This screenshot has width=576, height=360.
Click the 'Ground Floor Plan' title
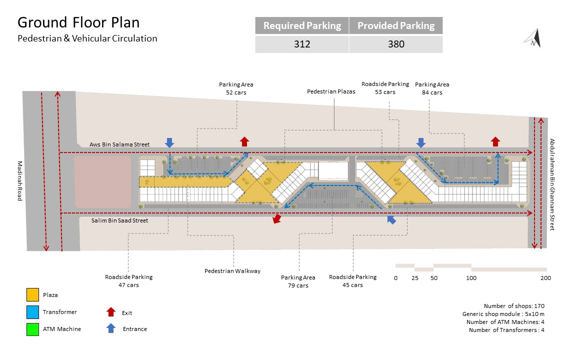click(x=78, y=22)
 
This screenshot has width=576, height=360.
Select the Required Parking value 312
click(x=302, y=44)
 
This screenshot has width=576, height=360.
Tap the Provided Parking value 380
click(x=396, y=44)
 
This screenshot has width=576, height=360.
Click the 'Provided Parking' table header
click(x=396, y=26)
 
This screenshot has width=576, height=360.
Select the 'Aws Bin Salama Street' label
click(x=119, y=144)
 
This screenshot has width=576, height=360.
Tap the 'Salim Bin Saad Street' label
click(x=119, y=220)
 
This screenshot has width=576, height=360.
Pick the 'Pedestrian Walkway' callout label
click(x=232, y=271)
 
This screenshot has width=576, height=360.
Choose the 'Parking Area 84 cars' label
click(x=432, y=88)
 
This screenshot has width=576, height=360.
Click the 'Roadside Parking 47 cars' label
click(x=128, y=281)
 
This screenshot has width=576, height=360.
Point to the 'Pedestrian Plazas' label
click(x=331, y=92)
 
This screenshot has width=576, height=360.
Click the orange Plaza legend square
click(x=32, y=295)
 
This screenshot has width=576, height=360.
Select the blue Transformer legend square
click(x=32, y=312)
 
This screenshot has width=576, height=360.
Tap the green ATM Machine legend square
click(x=32, y=329)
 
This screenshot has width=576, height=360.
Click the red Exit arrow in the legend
click(x=111, y=312)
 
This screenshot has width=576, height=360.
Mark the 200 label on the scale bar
click(x=545, y=278)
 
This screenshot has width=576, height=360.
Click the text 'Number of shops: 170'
click(x=514, y=306)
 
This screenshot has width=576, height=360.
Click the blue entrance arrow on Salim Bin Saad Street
click(x=391, y=219)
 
